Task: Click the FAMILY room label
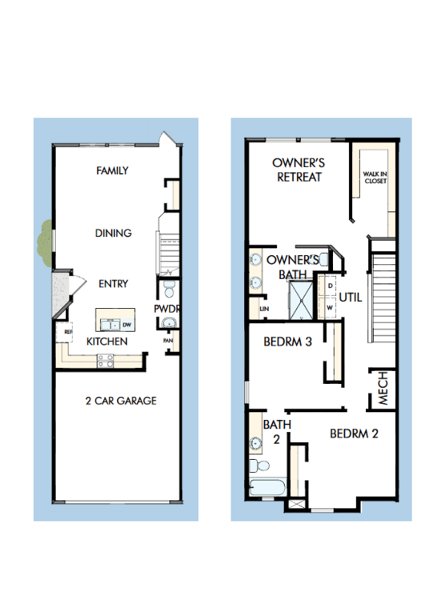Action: (x=113, y=171)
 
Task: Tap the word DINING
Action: (x=113, y=233)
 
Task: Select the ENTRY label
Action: (x=113, y=284)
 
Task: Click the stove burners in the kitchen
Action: (x=105, y=362)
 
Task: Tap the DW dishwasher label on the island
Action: (x=127, y=324)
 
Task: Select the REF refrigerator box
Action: (x=67, y=332)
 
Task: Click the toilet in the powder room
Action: (x=169, y=290)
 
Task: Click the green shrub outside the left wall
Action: (x=44, y=239)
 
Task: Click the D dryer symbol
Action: (x=329, y=285)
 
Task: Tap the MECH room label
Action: (x=383, y=388)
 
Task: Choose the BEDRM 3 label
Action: (x=287, y=342)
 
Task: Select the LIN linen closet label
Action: (x=265, y=309)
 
